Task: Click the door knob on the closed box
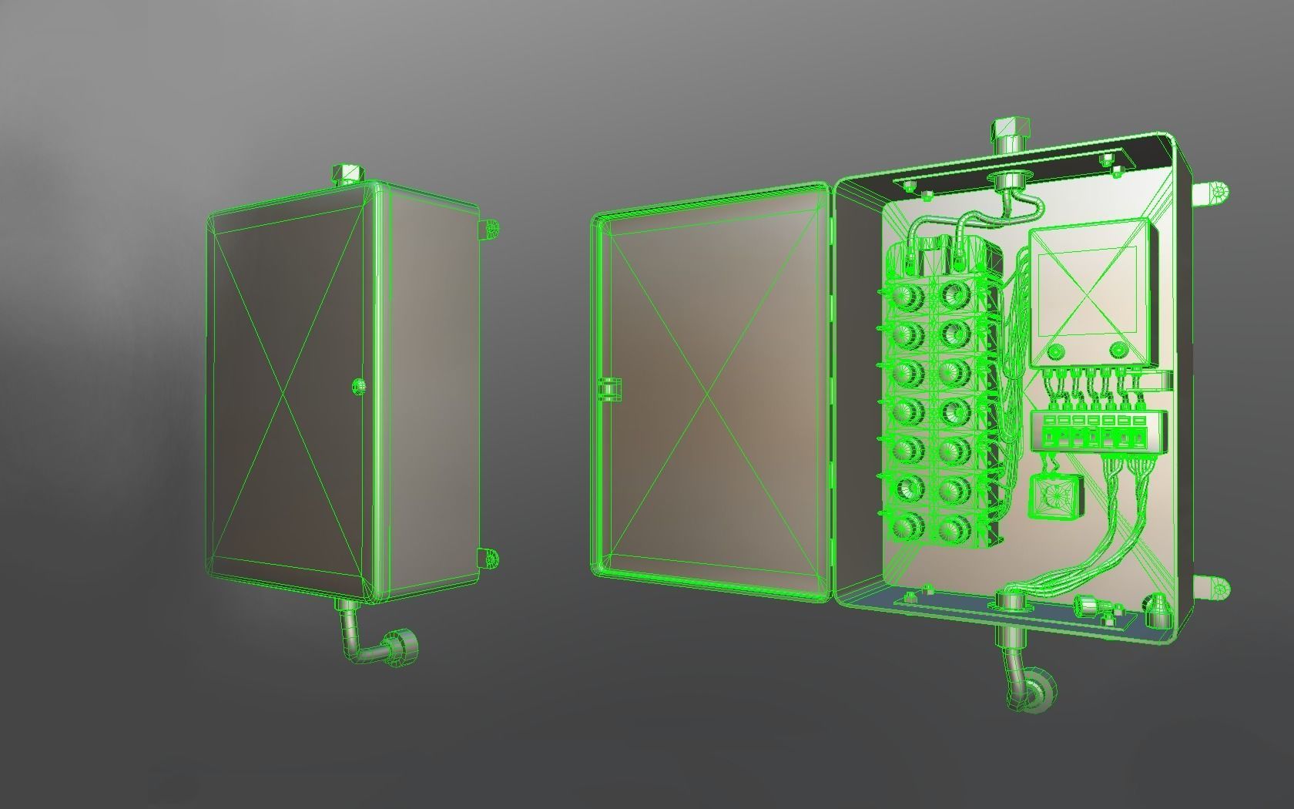(x=357, y=385)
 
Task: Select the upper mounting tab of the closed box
(x=490, y=229)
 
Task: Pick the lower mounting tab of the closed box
(x=488, y=558)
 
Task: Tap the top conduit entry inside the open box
(x=1008, y=183)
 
